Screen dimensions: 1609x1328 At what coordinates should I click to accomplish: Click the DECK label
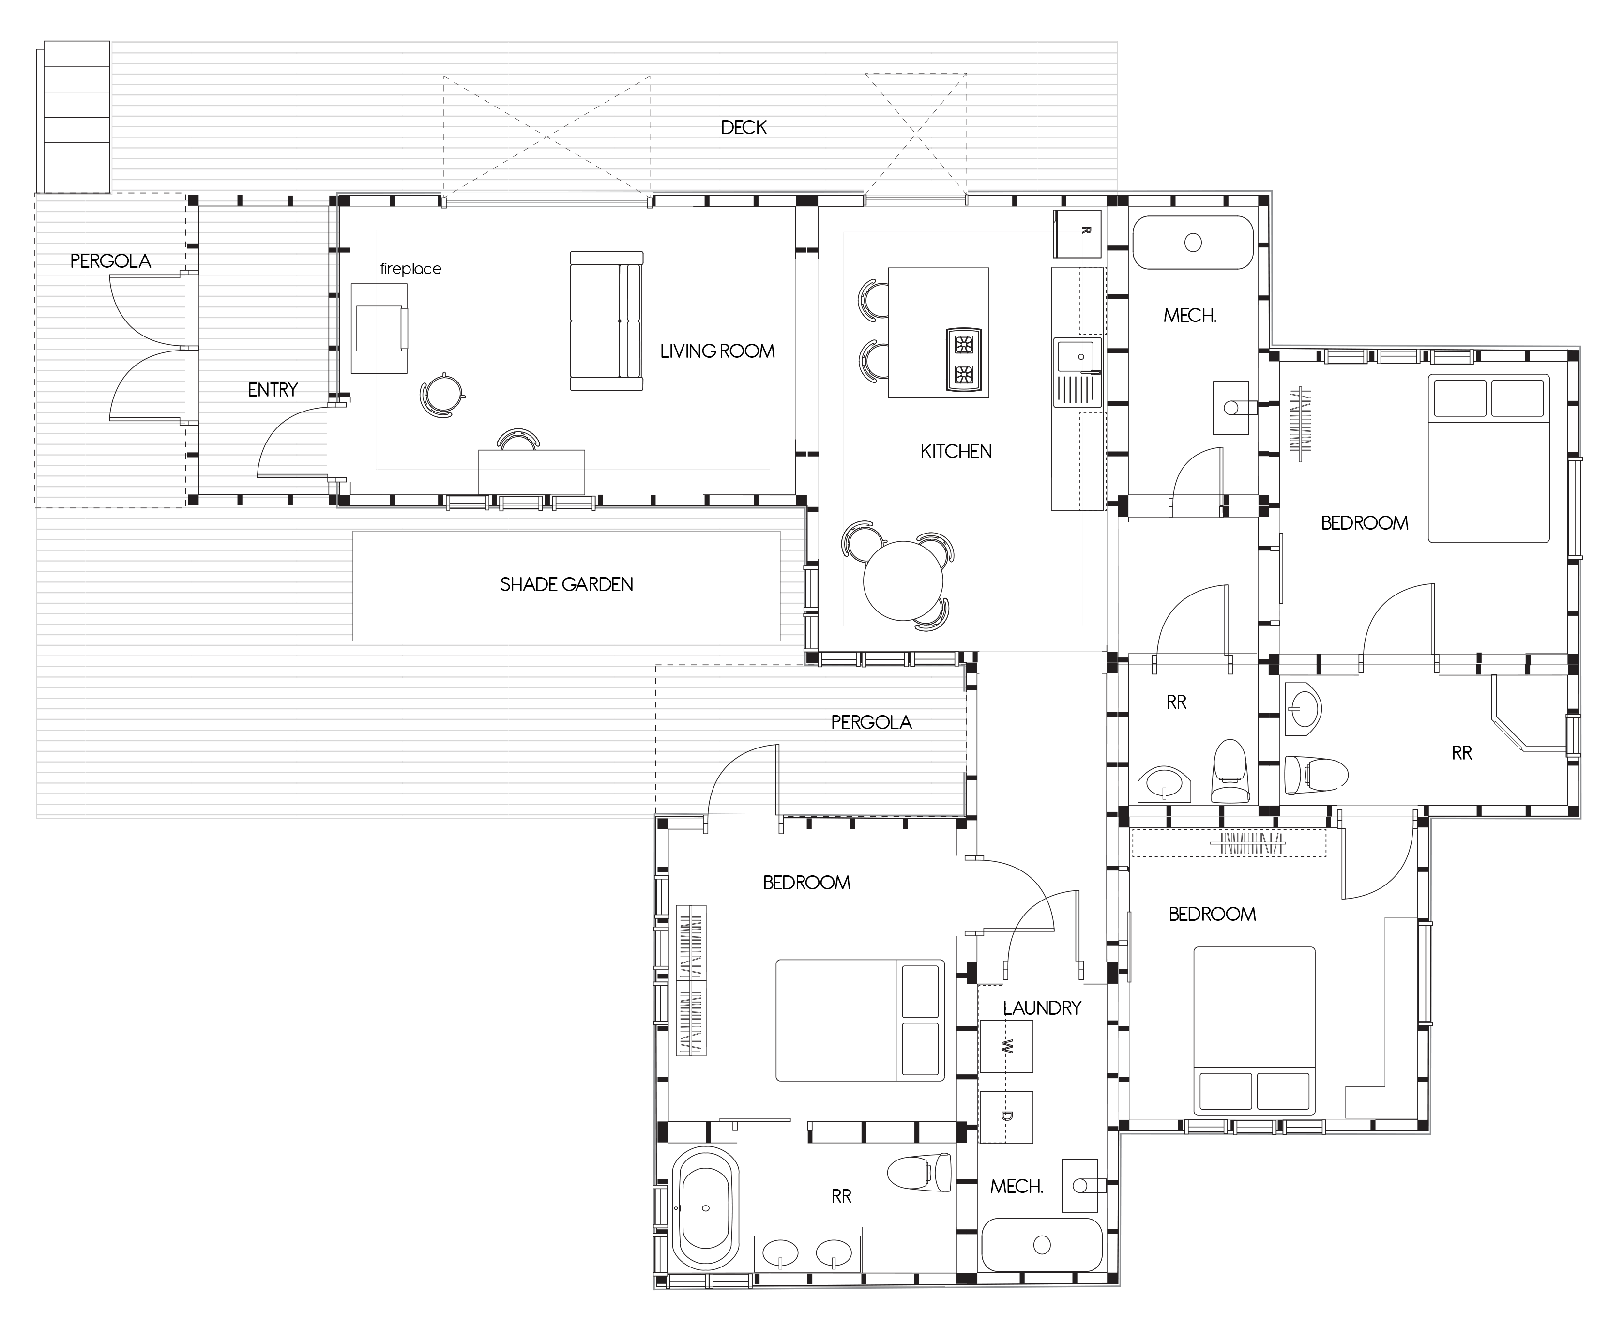pyautogui.click(x=744, y=128)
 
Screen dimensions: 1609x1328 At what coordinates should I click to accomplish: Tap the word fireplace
pyautogui.click(x=410, y=269)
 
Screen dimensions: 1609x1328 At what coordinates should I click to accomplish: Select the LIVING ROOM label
pyautogui.click(x=717, y=351)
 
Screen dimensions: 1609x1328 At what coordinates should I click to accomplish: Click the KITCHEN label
pyautogui.click(x=956, y=451)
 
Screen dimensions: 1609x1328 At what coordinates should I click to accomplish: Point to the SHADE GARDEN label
pyautogui.click(x=567, y=584)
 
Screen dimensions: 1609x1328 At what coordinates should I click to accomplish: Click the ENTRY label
pyautogui.click(x=272, y=390)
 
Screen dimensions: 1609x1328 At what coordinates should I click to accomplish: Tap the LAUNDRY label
pyautogui.click(x=1042, y=1008)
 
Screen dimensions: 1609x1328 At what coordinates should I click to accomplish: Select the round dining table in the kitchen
pyautogui.click(x=903, y=580)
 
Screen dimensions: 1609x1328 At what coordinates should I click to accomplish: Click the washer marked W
pyautogui.click(x=1006, y=1046)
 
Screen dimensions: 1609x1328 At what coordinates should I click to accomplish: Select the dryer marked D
pyautogui.click(x=1006, y=1117)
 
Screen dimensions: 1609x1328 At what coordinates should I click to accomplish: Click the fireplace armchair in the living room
pyautogui.click(x=379, y=328)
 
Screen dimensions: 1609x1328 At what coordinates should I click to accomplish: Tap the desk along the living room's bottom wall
pyautogui.click(x=531, y=472)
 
